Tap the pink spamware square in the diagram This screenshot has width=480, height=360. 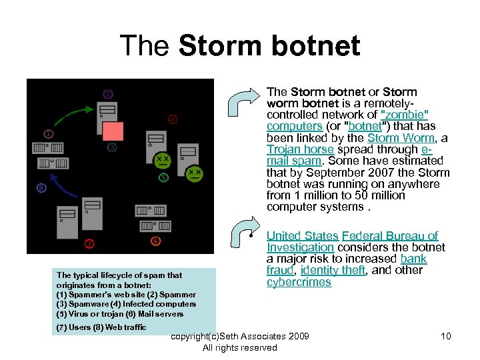click(113, 131)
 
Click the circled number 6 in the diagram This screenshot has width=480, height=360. click(155, 241)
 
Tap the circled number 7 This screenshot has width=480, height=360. click(89, 243)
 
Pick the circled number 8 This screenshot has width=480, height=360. click(41, 188)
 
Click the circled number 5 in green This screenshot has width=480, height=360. click(163, 177)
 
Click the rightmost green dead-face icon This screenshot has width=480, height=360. click(194, 173)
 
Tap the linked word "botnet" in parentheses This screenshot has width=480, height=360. click(365, 127)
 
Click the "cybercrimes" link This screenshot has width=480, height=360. click(299, 282)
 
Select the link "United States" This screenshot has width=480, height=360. click(302, 235)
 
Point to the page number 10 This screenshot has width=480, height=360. click(445, 335)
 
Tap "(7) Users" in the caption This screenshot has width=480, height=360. click(73, 327)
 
